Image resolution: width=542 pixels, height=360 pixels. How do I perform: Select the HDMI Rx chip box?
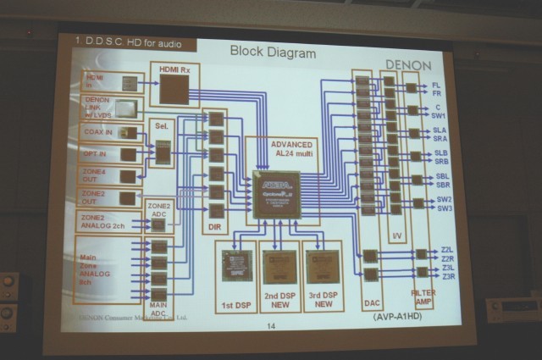click(x=174, y=84)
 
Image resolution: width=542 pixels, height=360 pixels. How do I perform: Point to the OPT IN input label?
click(x=95, y=154)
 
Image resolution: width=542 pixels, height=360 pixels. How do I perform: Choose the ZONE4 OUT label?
click(x=95, y=175)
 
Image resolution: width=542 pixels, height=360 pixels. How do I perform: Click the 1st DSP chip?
click(x=235, y=266)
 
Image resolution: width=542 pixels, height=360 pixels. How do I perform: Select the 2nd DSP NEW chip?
click(x=279, y=266)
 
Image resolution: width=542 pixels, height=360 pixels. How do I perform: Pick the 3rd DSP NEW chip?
click(x=322, y=266)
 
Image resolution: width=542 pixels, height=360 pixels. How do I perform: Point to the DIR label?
click(x=215, y=230)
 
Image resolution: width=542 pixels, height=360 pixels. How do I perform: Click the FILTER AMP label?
click(x=423, y=296)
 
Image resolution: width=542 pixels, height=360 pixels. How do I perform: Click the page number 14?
click(x=271, y=327)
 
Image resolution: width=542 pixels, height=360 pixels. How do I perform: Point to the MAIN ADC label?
click(x=158, y=309)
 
